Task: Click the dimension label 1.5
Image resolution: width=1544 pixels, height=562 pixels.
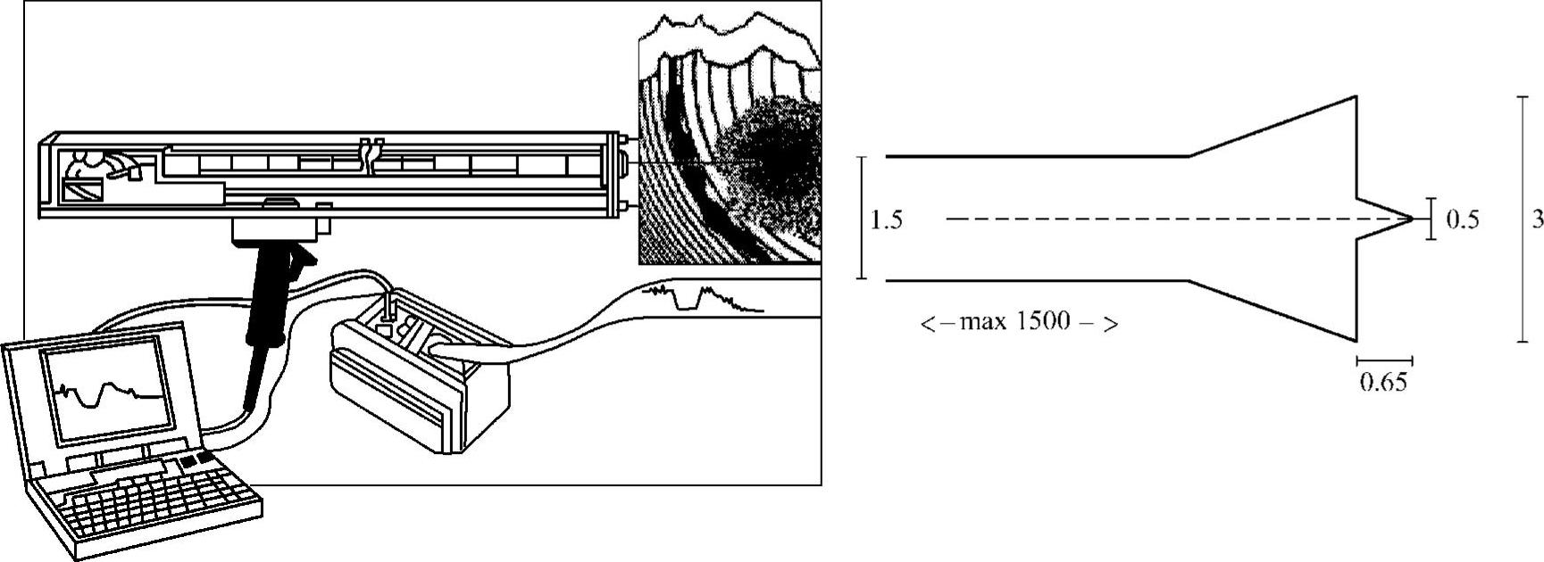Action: click(886, 219)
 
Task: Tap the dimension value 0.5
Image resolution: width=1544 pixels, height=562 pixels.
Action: click(1462, 219)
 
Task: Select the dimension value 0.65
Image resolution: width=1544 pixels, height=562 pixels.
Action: click(1383, 383)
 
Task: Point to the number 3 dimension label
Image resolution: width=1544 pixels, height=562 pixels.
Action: click(1537, 219)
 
